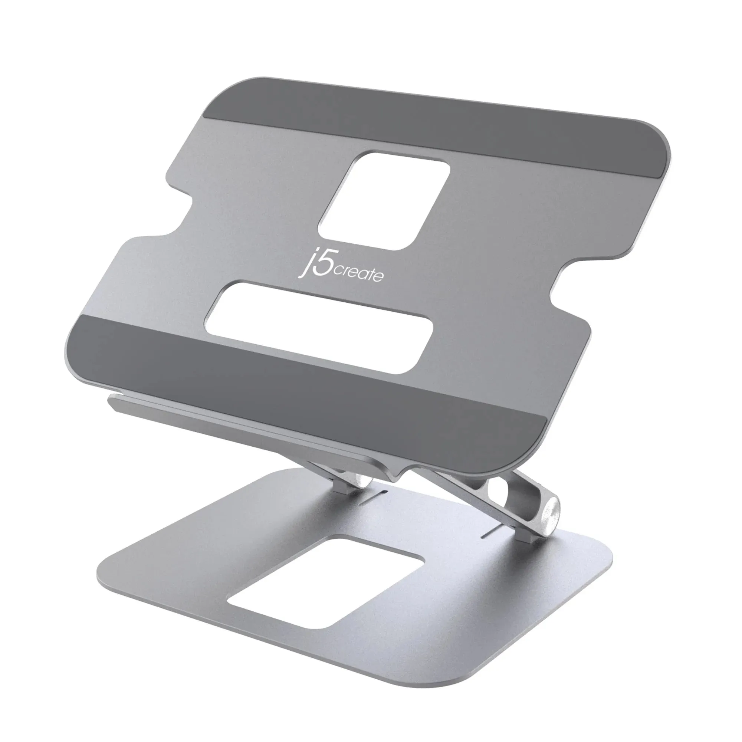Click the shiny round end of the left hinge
(x=362, y=480)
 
